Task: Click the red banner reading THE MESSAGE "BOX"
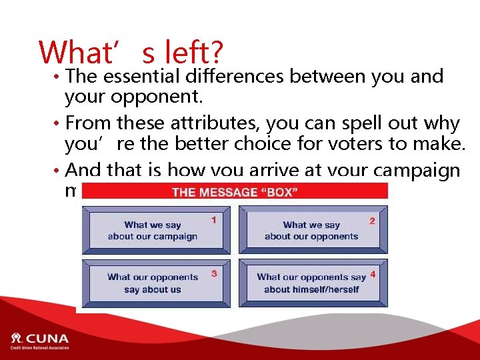235,192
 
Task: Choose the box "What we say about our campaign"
156,230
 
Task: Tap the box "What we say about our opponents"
313,230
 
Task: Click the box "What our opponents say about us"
156,283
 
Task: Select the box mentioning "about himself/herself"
313,283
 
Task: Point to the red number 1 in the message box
213,219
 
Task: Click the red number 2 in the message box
372,220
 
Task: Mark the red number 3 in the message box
214,273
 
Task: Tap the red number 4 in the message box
373,274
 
